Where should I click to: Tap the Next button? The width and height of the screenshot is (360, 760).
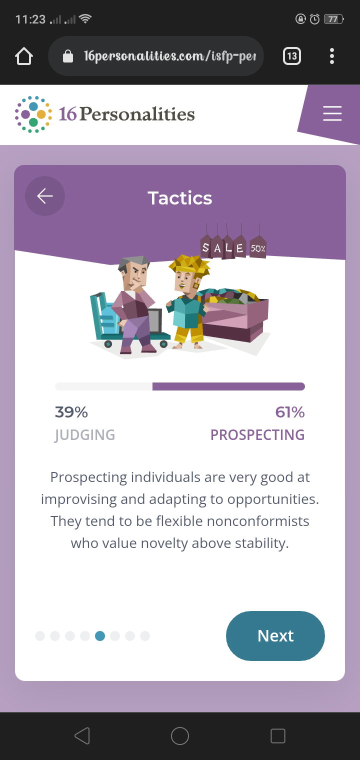point(275,636)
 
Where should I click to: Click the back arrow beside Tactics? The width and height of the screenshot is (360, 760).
point(45,196)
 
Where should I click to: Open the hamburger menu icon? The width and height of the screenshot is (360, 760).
point(332,113)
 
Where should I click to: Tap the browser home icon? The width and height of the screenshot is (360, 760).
point(24,56)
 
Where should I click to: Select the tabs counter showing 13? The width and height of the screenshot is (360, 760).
point(292,56)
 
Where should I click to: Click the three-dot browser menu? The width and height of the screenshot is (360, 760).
point(332,56)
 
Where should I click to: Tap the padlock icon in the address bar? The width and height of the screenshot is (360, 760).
point(68,56)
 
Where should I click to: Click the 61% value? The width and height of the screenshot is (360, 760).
point(290,412)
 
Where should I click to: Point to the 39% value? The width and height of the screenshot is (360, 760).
point(71,412)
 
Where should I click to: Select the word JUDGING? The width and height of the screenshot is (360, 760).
point(85,435)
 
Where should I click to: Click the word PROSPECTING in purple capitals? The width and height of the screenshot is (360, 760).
point(257,435)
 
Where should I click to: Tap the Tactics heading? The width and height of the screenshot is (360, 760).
point(180,198)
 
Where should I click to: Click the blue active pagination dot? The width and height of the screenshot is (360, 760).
point(100,636)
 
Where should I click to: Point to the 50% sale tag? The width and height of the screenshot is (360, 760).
point(258,246)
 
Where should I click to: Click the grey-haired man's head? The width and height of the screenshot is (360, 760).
point(134,271)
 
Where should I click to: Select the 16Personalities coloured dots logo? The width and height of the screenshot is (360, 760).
point(33,114)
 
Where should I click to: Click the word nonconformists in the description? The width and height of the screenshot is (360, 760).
point(258,521)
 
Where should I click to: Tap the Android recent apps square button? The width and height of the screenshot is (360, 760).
point(277,736)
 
